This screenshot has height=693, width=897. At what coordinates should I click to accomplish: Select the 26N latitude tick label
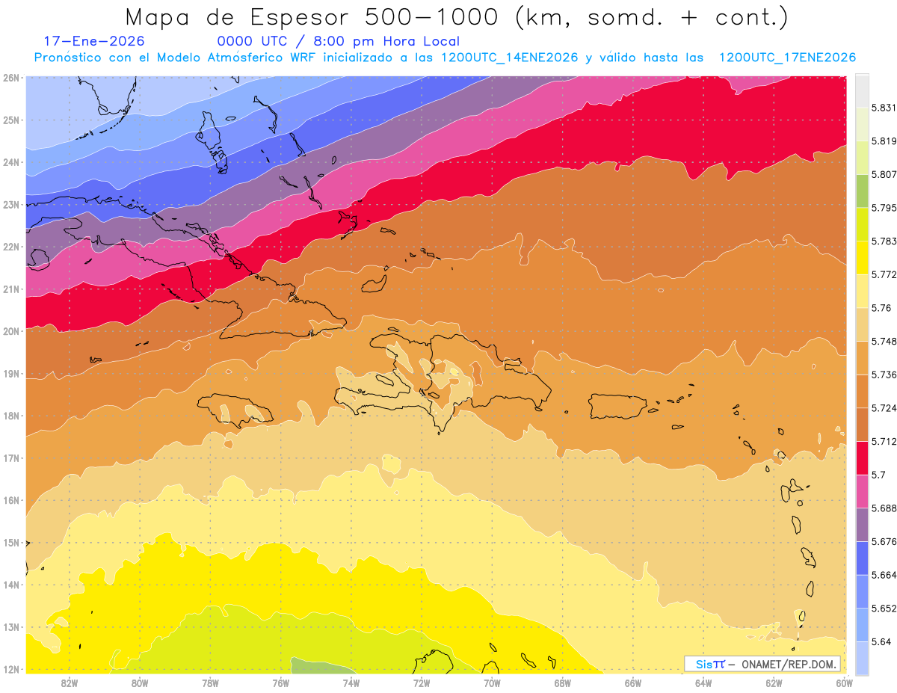point(12,78)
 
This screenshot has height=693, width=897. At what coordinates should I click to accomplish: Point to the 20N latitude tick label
point(12,331)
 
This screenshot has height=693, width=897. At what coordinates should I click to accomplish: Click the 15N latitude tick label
point(12,543)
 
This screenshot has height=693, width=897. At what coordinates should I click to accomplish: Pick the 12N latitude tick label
point(12,669)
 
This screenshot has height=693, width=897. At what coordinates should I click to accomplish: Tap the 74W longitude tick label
point(351,683)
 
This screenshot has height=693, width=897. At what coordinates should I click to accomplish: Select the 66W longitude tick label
point(633,683)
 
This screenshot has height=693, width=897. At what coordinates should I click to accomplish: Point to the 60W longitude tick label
point(843,683)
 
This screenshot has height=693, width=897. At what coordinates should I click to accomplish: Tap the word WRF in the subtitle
point(303,58)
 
